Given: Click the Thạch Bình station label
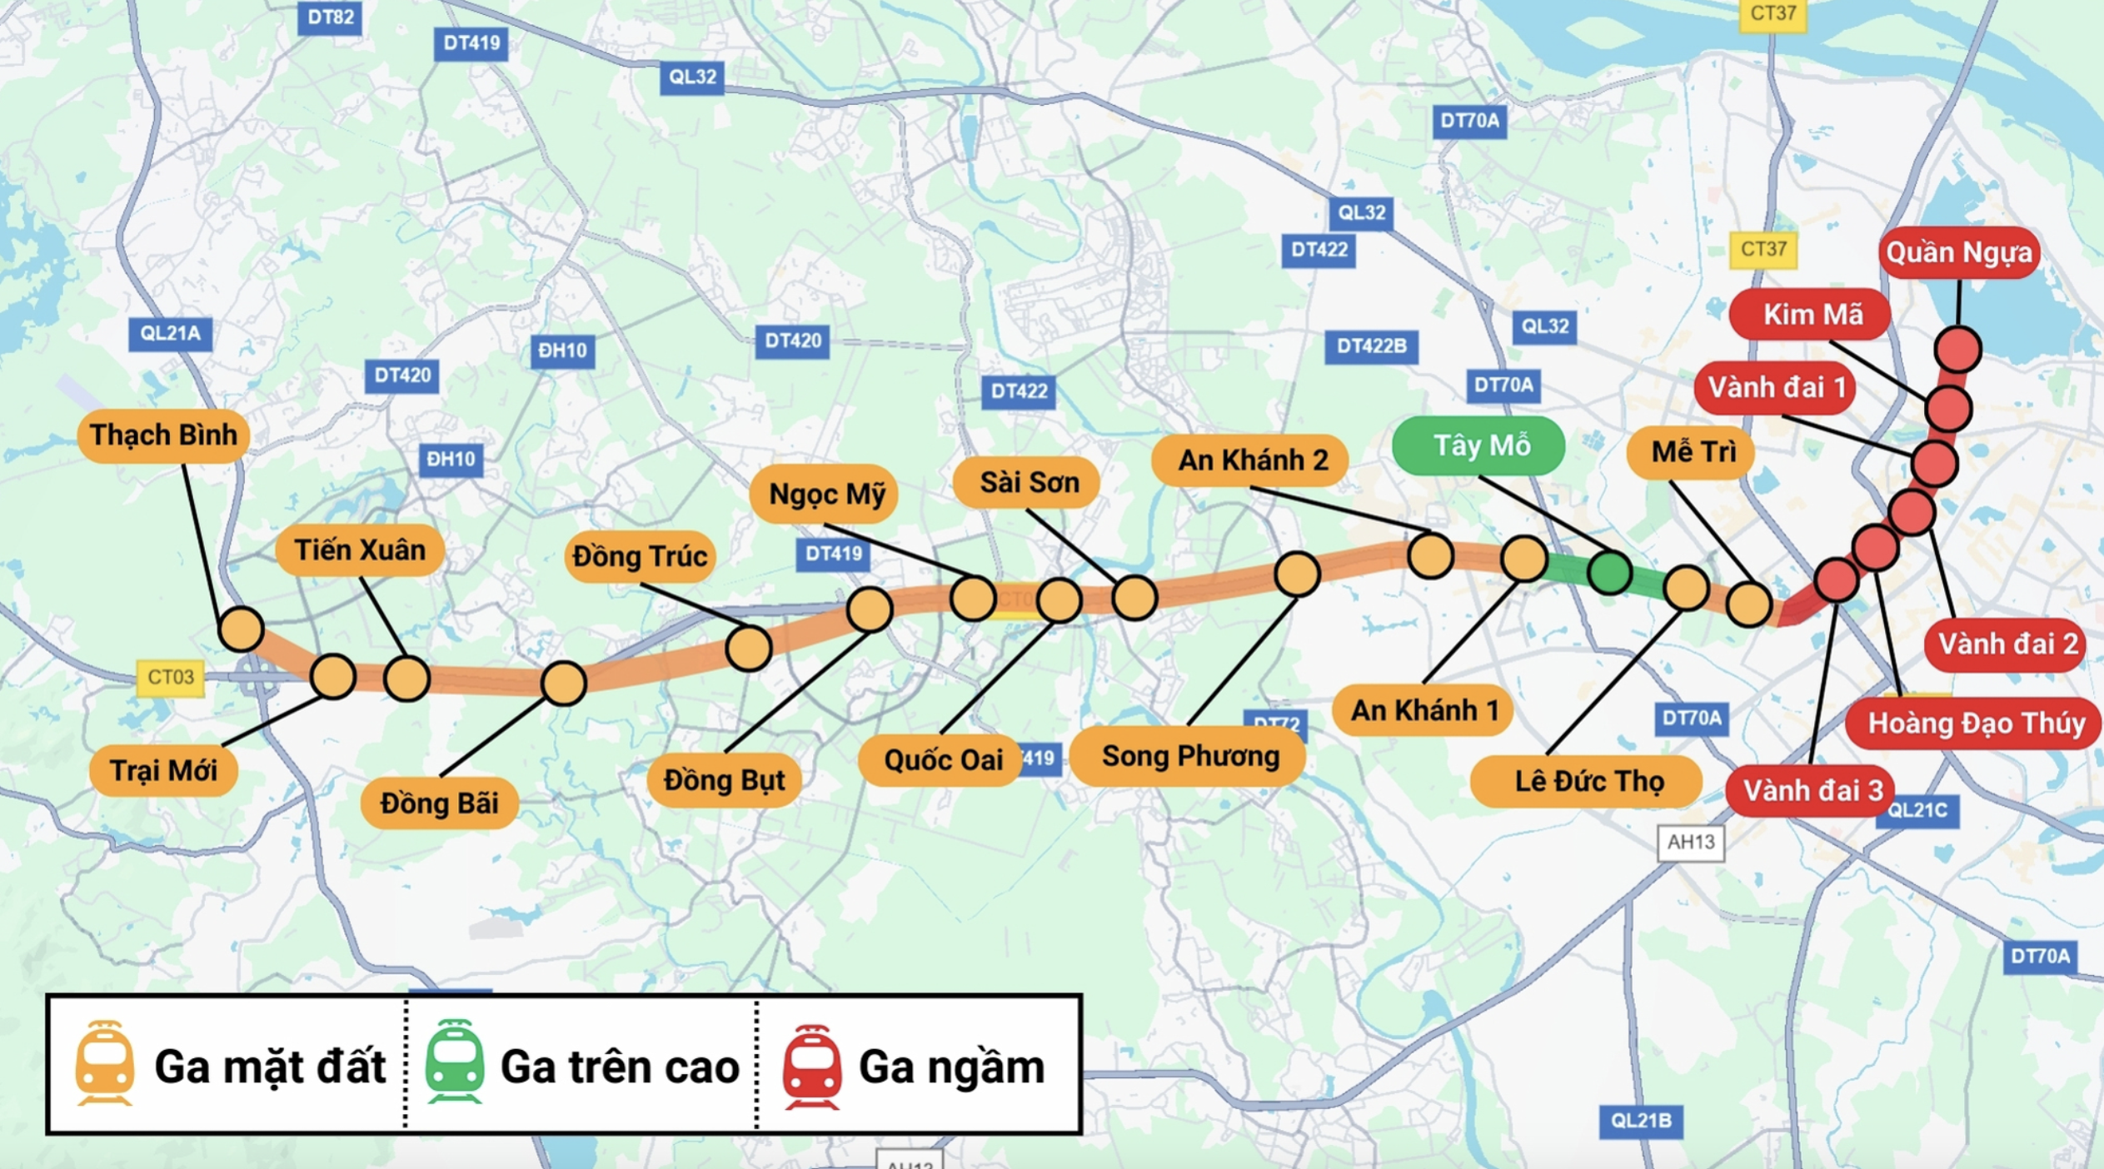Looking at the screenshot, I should coord(163,435).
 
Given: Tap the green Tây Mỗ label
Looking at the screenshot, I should coord(1479,446).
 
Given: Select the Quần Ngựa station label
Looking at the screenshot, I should coord(1958,252).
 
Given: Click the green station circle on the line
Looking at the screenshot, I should coord(1609,572).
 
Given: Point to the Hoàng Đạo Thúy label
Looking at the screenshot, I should coord(1975,723).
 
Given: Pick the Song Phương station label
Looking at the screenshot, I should coord(1189,756).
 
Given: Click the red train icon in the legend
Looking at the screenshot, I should coord(811,1067).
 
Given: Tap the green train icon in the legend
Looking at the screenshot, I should coord(454,1063).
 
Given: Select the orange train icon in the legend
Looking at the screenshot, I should coord(105,1064).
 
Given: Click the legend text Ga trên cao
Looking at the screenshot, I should coord(620,1067).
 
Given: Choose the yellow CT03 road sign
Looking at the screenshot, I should coord(170,677).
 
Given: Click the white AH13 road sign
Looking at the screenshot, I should coord(1690,843).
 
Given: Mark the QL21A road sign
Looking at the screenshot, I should coord(170,334).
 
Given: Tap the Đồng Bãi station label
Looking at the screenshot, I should coord(439,803).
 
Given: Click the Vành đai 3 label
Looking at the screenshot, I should coord(1812,790).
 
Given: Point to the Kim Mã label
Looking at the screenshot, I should coord(1812,315).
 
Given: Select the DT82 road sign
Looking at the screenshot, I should coord(330,17).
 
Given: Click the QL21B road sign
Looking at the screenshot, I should coord(1640,1121).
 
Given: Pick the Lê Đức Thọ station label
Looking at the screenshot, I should coord(1588,781).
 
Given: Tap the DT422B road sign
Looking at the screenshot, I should coord(1371,346).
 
